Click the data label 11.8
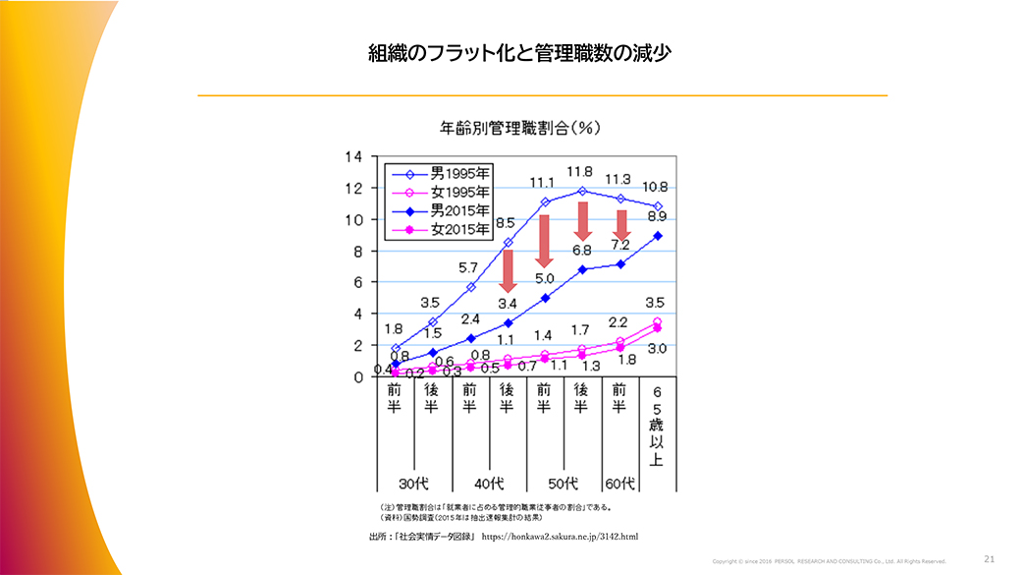click(581, 173)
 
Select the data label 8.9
click(658, 216)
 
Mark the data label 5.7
click(469, 267)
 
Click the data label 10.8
click(655, 187)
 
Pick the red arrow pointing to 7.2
click(621, 225)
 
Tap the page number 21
click(989, 558)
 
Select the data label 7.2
click(619, 243)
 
